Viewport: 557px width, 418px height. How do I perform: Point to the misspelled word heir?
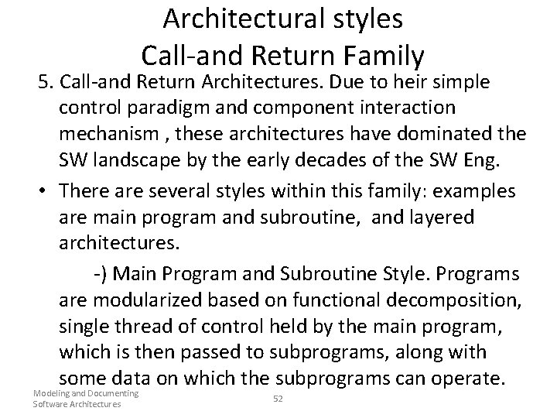pyautogui.click(x=419, y=82)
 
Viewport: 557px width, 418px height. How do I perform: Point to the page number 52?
pyautogui.click(x=278, y=398)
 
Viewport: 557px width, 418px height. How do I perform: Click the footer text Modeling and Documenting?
pyautogui.click(x=86, y=394)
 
